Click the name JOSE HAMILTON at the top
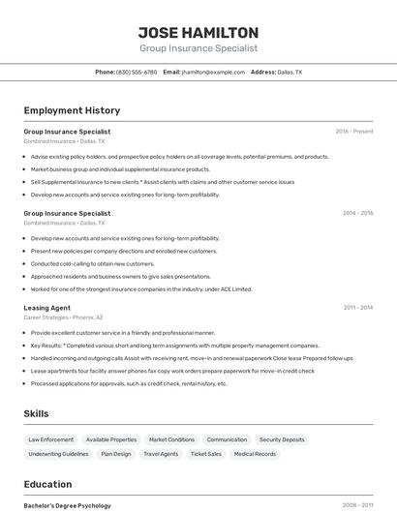pyautogui.click(x=198, y=32)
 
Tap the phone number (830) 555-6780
pyautogui.click(x=137, y=72)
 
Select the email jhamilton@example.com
pyautogui.click(x=212, y=72)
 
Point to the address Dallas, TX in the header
pyautogui.click(x=290, y=72)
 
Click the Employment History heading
pyautogui.click(x=72, y=110)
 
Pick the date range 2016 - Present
pyautogui.click(x=353, y=132)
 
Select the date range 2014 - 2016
pyautogui.click(x=357, y=213)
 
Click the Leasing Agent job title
pyautogui.click(x=46, y=308)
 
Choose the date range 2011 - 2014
pyautogui.click(x=357, y=308)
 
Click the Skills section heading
pyautogui.click(x=36, y=413)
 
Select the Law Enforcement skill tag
pyautogui.click(x=50, y=439)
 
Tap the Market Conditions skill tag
pyautogui.click(x=171, y=439)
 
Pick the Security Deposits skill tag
pyautogui.click(x=282, y=439)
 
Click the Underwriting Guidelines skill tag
pyautogui.click(x=58, y=453)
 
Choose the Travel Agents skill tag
pyautogui.click(x=161, y=453)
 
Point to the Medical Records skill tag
pyautogui.click(x=255, y=453)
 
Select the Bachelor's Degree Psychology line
pyautogui.click(x=67, y=505)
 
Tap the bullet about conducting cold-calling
pyautogui.click(x=92, y=263)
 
